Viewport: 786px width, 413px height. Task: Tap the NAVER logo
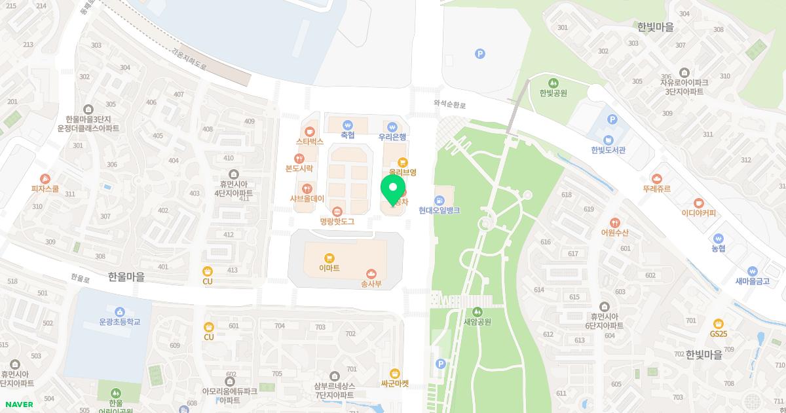click(x=18, y=404)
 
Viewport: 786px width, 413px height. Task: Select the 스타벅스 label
click(x=310, y=141)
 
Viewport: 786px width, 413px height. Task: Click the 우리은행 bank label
click(x=392, y=137)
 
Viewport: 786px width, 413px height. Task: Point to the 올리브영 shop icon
click(x=403, y=161)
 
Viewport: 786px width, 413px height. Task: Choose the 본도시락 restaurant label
click(x=299, y=168)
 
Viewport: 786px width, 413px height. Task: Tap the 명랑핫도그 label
click(x=337, y=222)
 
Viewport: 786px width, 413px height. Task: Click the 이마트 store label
click(x=329, y=267)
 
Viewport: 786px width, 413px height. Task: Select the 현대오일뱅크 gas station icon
click(x=440, y=199)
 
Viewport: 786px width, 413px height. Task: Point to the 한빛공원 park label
click(x=553, y=93)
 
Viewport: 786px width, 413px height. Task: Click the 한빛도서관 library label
click(x=608, y=149)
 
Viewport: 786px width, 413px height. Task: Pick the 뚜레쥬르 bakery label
click(x=656, y=188)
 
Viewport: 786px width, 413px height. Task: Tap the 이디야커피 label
click(x=698, y=213)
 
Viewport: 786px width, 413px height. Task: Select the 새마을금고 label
click(x=752, y=281)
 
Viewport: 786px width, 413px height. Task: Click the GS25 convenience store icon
click(x=719, y=323)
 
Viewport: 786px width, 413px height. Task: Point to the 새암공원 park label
click(x=477, y=321)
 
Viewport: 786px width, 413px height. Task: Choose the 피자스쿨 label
click(x=45, y=188)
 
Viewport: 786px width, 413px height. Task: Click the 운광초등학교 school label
click(x=119, y=322)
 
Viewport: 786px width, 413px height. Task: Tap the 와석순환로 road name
click(x=450, y=104)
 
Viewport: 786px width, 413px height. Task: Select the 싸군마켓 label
click(x=394, y=383)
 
